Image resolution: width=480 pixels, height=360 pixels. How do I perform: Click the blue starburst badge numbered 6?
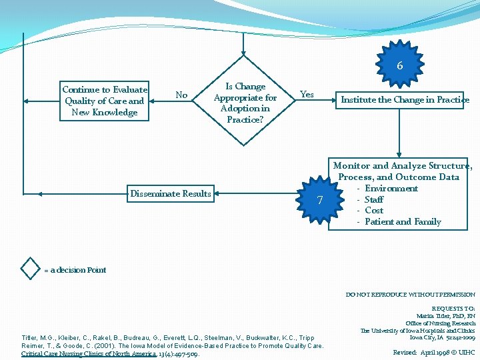coord(399,66)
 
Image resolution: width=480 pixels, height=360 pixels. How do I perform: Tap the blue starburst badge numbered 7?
coord(320,200)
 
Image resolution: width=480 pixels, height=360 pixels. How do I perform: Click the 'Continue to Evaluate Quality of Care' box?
coord(105,101)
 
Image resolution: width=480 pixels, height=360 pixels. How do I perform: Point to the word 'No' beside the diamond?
coord(181,95)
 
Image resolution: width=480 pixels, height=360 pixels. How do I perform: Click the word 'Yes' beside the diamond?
coord(307,95)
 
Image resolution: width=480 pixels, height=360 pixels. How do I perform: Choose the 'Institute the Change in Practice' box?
coord(405,100)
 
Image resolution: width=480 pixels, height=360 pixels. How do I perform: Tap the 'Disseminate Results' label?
coord(171,194)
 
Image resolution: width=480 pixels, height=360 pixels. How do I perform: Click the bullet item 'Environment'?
coord(391,189)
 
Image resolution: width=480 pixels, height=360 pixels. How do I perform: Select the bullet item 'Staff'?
coord(374,199)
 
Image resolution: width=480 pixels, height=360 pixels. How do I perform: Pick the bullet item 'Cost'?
coord(374,211)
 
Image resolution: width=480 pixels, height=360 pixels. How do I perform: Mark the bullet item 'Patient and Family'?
coord(403,222)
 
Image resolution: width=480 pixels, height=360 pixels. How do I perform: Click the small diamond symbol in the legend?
coord(30,268)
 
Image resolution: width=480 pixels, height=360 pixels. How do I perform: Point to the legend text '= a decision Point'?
coord(75,270)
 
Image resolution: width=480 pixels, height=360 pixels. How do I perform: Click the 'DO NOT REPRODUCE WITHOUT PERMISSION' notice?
coord(410,295)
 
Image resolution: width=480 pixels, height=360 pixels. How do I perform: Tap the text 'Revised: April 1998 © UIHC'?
coord(434,352)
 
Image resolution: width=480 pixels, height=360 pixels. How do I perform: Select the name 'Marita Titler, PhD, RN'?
coord(445,315)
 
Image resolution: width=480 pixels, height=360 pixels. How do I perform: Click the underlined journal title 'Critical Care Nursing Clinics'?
coord(89,353)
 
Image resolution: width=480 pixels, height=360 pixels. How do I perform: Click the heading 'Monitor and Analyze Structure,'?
coord(403,166)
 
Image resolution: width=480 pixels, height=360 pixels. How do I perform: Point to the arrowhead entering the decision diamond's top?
coord(244,53)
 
